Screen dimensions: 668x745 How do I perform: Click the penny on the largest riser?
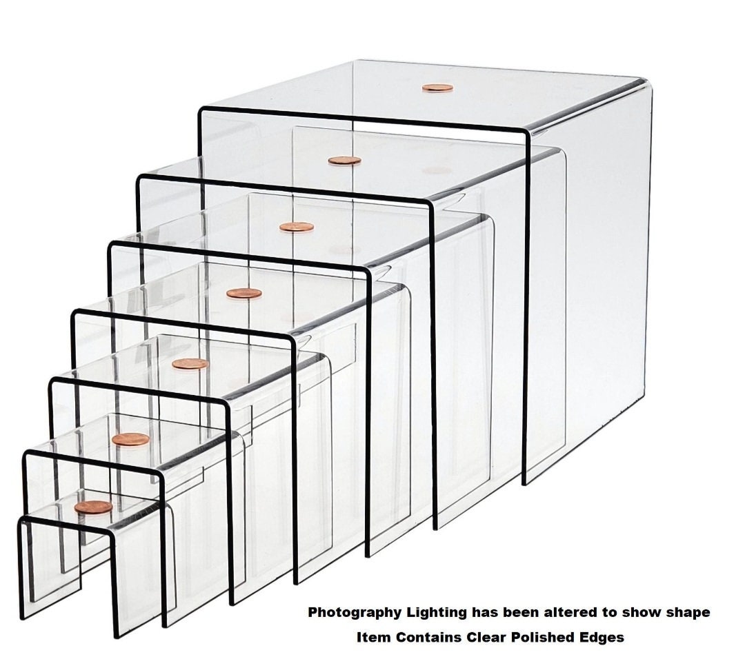[438, 88]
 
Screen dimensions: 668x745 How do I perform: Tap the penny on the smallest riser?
[93, 507]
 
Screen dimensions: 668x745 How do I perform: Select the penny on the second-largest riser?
[344, 161]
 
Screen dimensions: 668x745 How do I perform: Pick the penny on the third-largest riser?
[297, 227]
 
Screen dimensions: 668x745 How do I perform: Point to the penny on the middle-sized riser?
[244, 294]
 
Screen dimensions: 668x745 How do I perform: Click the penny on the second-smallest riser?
[130, 439]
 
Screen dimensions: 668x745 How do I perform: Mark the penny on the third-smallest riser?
[190, 364]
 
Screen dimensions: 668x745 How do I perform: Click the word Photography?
[353, 612]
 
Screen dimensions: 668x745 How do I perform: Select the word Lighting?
[436, 612]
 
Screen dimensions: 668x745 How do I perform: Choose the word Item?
[371, 638]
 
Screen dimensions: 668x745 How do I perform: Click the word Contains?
[421, 638]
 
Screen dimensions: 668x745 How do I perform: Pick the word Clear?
[476, 638]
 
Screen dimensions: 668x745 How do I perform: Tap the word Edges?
[602, 638]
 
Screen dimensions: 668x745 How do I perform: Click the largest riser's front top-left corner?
[201, 112]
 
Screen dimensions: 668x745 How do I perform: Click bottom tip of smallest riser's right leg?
[115, 634]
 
